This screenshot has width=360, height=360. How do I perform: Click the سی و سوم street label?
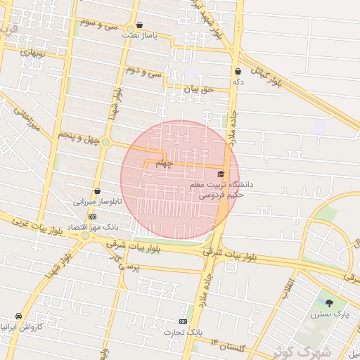click(99, 23)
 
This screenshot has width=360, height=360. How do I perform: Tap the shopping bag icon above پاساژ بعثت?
click(139, 25)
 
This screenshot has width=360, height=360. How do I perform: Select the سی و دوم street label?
click(143, 72)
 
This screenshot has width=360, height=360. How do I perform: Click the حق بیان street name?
click(197, 89)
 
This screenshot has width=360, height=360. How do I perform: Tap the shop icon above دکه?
click(238, 71)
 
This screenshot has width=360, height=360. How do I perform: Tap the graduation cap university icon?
click(221, 174)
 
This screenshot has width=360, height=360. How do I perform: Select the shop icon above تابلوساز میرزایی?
click(97, 191)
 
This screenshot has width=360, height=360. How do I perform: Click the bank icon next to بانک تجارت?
click(184, 321)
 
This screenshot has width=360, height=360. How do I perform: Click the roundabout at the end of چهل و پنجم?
click(105, 143)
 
